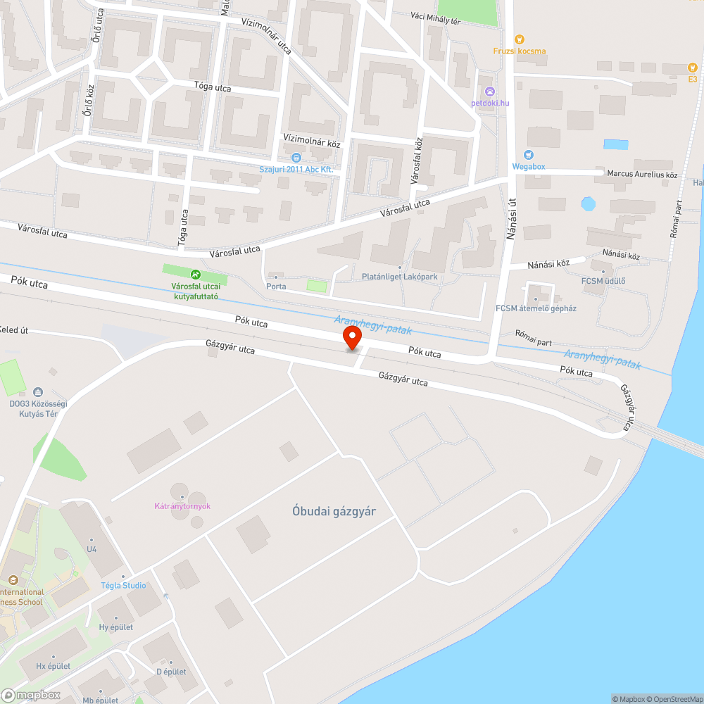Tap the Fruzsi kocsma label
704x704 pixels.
[520, 51]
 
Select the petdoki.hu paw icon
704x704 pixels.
[490, 92]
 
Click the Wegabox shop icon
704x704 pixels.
[529, 155]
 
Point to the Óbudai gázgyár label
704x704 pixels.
[334, 512]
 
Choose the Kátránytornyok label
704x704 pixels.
[183, 506]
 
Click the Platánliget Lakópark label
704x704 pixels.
[399, 277]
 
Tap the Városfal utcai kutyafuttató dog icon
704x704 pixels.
[195, 274]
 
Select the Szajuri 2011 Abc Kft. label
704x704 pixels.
[296, 170]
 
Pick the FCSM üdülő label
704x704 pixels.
[603, 282]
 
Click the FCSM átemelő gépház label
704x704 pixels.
[536, 308]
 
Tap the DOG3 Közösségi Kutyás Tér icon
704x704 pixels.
[37, 392]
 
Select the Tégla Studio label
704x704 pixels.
[123, 586]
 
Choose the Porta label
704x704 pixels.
[276, 287]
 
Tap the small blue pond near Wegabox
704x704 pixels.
[588, 204]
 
